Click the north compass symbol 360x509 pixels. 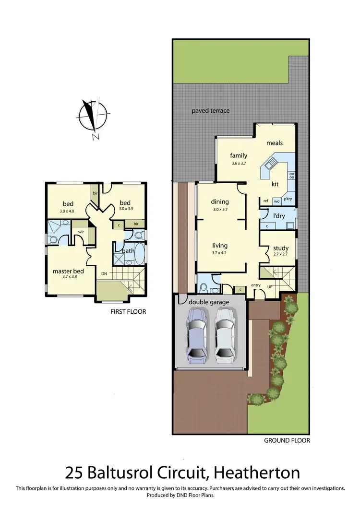pos(92,116)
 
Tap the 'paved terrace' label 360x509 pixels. pos(211,111)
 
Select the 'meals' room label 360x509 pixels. pos(275,143)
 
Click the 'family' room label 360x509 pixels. pos(239,155)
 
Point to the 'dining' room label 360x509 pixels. pos(220,202)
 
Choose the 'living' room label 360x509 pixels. pos(220,246)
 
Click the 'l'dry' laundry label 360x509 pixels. pos(279,216)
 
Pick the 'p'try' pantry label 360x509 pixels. pos(288,199)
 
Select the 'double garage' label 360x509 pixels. pos(209,302)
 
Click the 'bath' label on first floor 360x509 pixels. pos(128,250)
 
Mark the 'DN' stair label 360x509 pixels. pos(104,274)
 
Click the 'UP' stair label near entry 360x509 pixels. pos(269,286)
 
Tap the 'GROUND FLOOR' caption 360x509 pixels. pos(288,440)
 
